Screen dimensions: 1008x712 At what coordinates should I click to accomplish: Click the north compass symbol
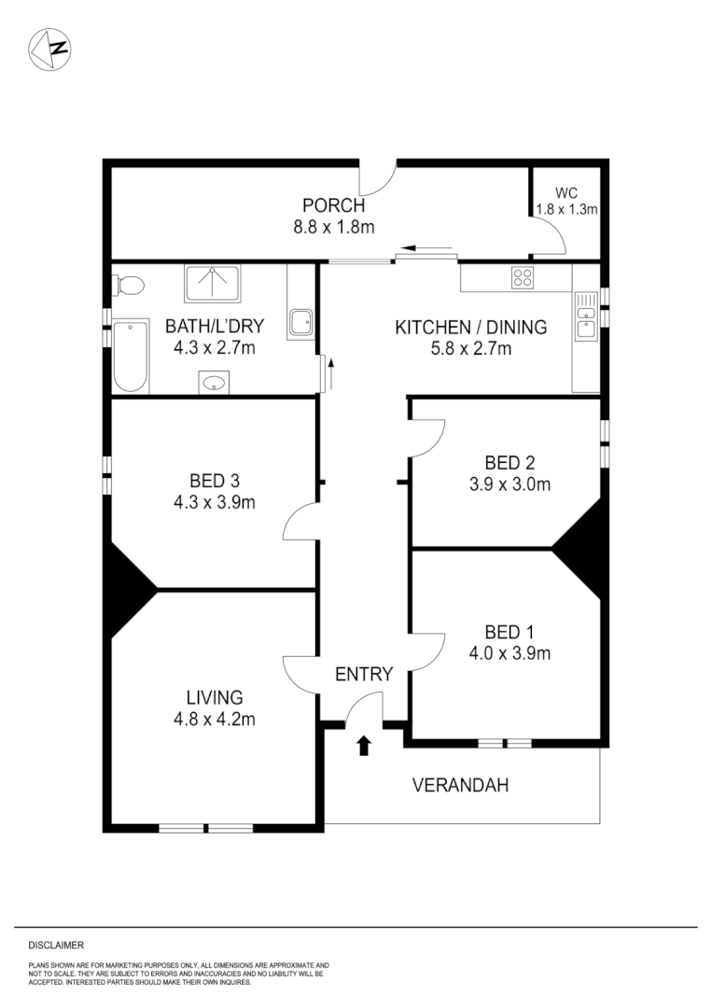point(50,49)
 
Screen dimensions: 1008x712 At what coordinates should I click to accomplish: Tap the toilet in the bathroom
point(129,285)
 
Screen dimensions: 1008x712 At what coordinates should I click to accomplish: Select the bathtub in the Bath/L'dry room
point(131,356)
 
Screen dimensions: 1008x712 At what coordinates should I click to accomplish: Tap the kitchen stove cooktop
point(522,277)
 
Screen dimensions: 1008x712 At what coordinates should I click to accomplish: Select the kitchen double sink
point(585,316)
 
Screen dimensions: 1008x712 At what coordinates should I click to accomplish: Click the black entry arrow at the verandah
point(364,745)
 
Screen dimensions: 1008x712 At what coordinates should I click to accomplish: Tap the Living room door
point(300,669)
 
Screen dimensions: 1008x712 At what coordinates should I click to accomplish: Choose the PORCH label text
point(333,206)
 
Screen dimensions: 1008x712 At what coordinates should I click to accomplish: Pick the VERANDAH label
point(460,785)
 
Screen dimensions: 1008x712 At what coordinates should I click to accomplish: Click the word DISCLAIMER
point(56,945)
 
